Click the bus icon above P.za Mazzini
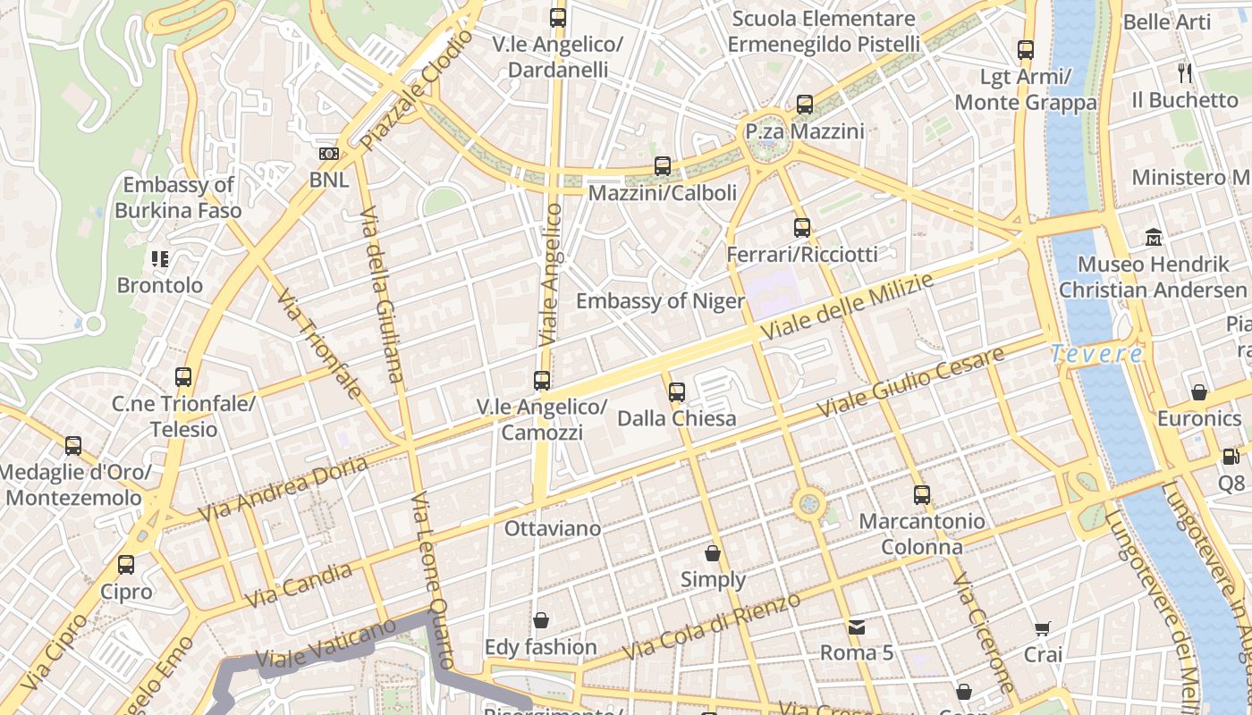(805, 105)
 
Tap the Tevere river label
(1096, 354)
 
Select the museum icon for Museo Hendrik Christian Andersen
(1154, 238)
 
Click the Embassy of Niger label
(660, 301)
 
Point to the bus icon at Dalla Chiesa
(677, 391)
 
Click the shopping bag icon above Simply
(713, 553)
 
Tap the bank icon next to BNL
(329, 154)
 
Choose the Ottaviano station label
(553, 528)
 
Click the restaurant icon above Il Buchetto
(1186, 72)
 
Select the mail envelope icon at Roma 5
(857, 627)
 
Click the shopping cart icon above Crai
(1043, 628)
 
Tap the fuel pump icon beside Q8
(1231, 457)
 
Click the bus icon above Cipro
(126, 565)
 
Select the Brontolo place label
(160, 286)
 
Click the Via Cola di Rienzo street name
(712, 626)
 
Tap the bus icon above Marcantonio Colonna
(921, 494)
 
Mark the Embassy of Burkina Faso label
(178, 198)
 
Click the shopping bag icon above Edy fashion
(540, 620)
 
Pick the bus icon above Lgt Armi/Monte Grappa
(1026, 50)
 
